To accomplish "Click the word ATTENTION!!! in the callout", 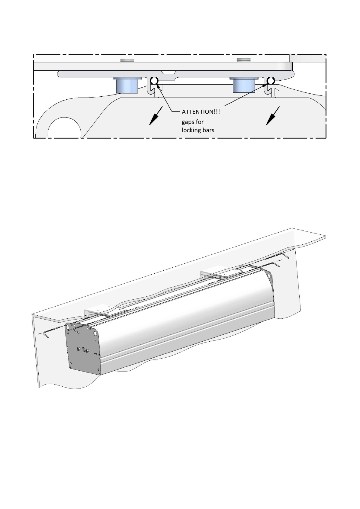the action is point(201,112).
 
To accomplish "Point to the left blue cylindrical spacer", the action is point(127,85).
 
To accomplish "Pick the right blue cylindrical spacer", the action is point(244,85).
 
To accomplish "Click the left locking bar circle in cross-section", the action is point(154,80).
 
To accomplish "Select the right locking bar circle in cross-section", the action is point(271,80).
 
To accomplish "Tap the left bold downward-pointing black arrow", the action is point(156,116).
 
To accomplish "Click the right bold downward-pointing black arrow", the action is point(273,116).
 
